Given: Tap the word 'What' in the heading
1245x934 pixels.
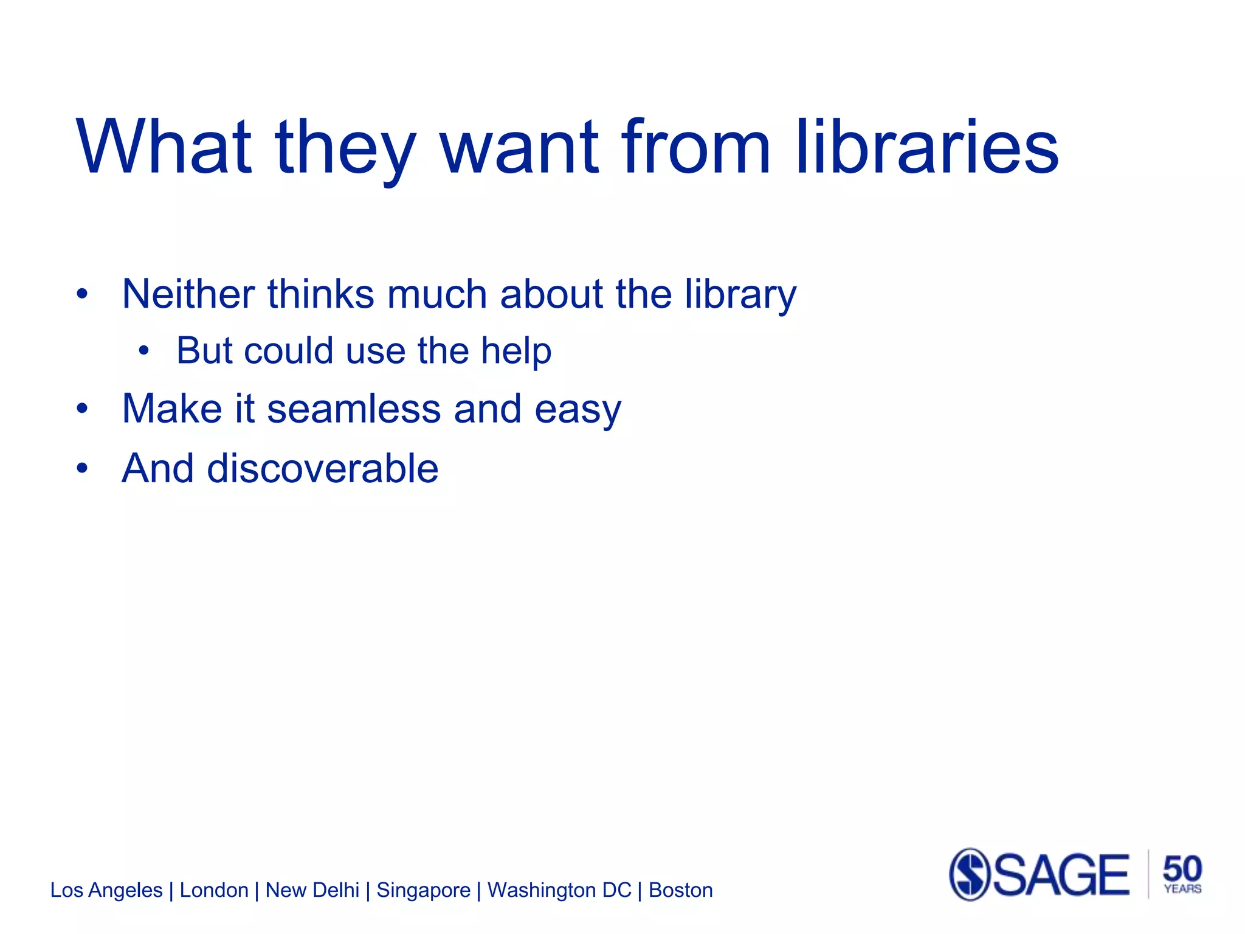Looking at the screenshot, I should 164,147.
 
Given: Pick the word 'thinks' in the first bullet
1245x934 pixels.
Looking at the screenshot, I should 320,294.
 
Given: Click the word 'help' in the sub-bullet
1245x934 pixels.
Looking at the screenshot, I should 516,351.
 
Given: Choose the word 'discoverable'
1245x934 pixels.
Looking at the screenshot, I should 322,468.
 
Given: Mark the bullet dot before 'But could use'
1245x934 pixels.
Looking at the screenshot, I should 143,351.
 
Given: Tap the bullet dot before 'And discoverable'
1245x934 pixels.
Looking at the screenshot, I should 83,469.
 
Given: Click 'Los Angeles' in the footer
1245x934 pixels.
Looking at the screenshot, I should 106,890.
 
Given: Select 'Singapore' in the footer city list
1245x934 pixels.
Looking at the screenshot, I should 423,890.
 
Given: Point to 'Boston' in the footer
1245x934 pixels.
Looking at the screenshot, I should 680,890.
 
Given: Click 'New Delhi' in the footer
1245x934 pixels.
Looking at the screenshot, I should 312,890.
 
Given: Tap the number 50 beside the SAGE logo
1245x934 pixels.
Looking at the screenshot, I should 1182,868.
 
